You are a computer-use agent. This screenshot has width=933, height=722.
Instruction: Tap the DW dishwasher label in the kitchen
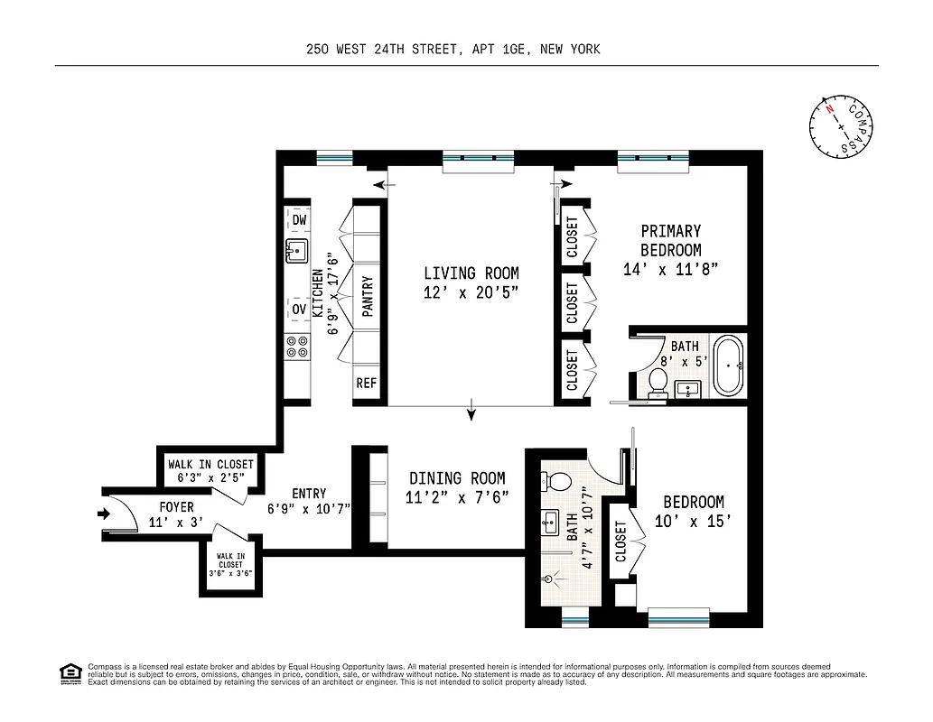point(299,220)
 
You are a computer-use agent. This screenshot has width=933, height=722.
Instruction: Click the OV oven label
point(299,309)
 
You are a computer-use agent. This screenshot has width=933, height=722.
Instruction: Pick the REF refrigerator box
point(366,383)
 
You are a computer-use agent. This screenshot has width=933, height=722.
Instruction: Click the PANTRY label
point(367,295)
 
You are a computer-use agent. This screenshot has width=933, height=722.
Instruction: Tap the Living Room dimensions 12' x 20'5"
point(471,292)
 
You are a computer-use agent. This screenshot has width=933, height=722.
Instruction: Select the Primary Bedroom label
point(670,241)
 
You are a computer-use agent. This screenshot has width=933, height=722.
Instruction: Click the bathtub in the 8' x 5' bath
point(728,366)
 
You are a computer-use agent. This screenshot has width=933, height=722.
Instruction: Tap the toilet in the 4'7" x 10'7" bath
point(559,480)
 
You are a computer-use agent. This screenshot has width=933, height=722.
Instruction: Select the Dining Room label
point(457,478)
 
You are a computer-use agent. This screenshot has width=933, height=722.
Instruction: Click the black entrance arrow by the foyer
point(103,514)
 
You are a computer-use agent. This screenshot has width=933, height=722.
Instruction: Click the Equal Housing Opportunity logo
point(69,672)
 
